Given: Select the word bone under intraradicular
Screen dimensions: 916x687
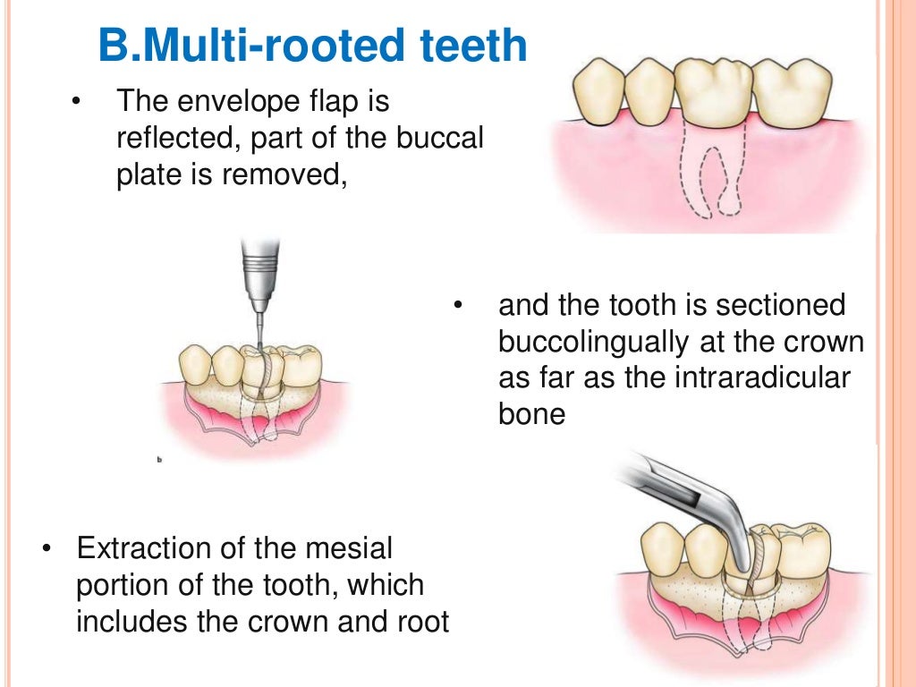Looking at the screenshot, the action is coord(532,415).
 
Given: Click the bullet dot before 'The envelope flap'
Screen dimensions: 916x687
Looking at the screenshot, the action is coord(76,102).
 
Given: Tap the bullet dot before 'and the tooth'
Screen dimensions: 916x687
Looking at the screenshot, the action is coord(458,306).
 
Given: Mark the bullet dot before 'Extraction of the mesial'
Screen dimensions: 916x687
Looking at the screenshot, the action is coord(47,547).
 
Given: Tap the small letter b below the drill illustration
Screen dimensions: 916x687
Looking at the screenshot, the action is coord(159,459).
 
